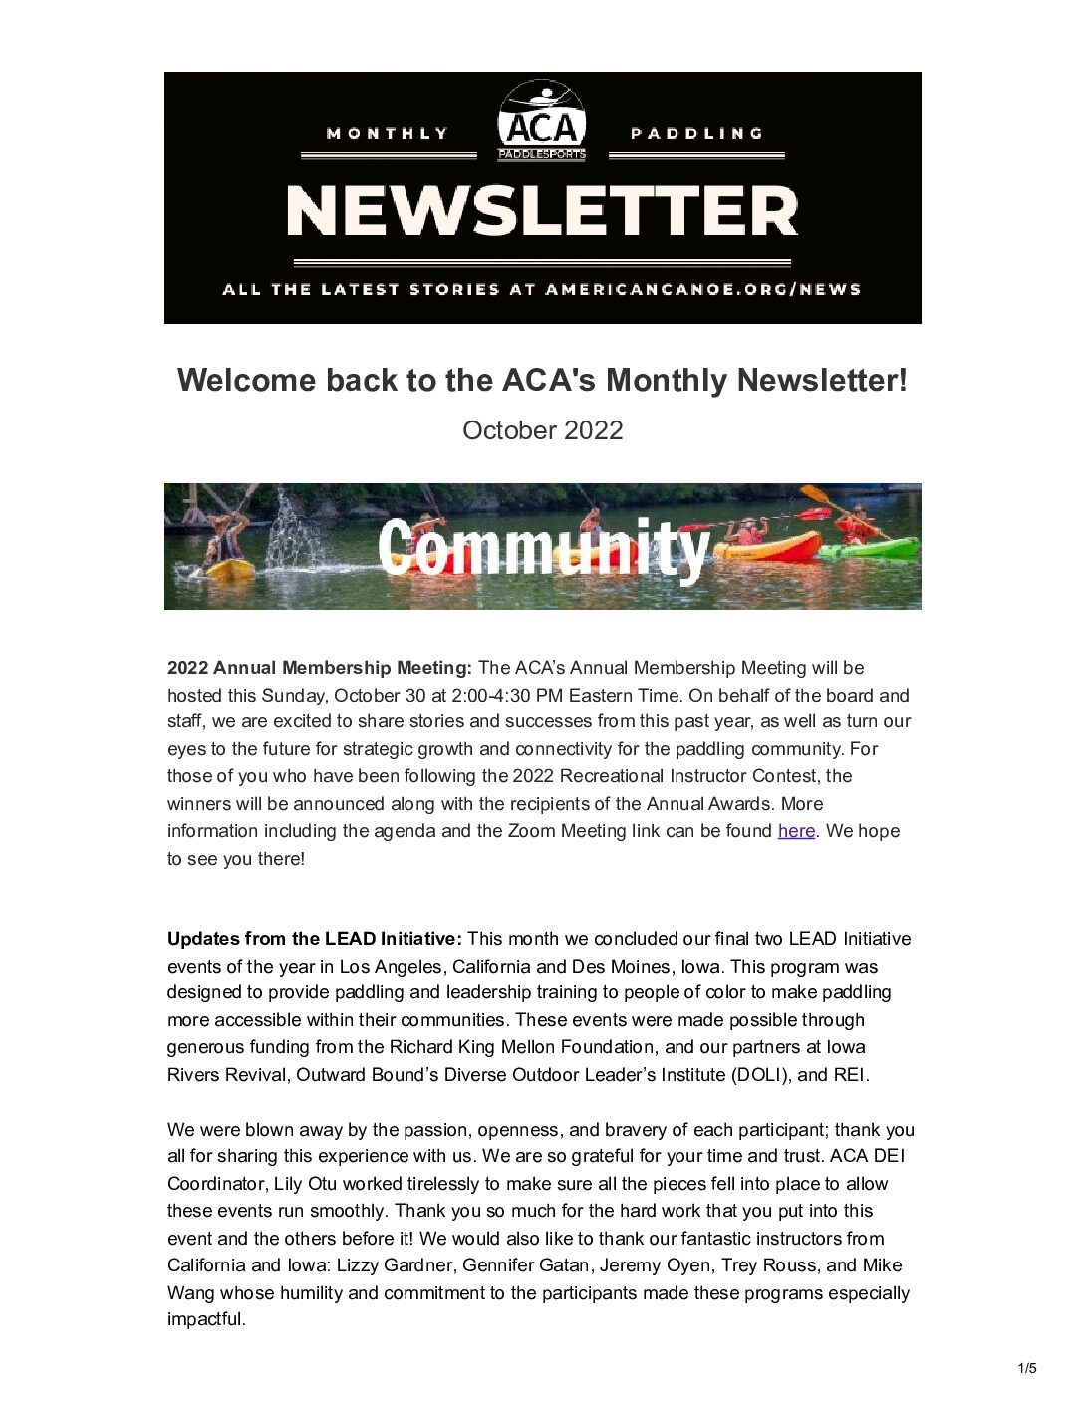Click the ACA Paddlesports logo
[542, 122]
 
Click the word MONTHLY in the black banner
[388, 134]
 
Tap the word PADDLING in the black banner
[696, 134]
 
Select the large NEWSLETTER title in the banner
[542, 212]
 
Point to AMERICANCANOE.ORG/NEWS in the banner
[702, 290]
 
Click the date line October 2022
[542, 430]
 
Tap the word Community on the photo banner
[543, 548]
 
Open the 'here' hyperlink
[796, 831]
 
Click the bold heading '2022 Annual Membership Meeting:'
[319, 668]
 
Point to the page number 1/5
[1027, 1368]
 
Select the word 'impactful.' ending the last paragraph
[206, 1319]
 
